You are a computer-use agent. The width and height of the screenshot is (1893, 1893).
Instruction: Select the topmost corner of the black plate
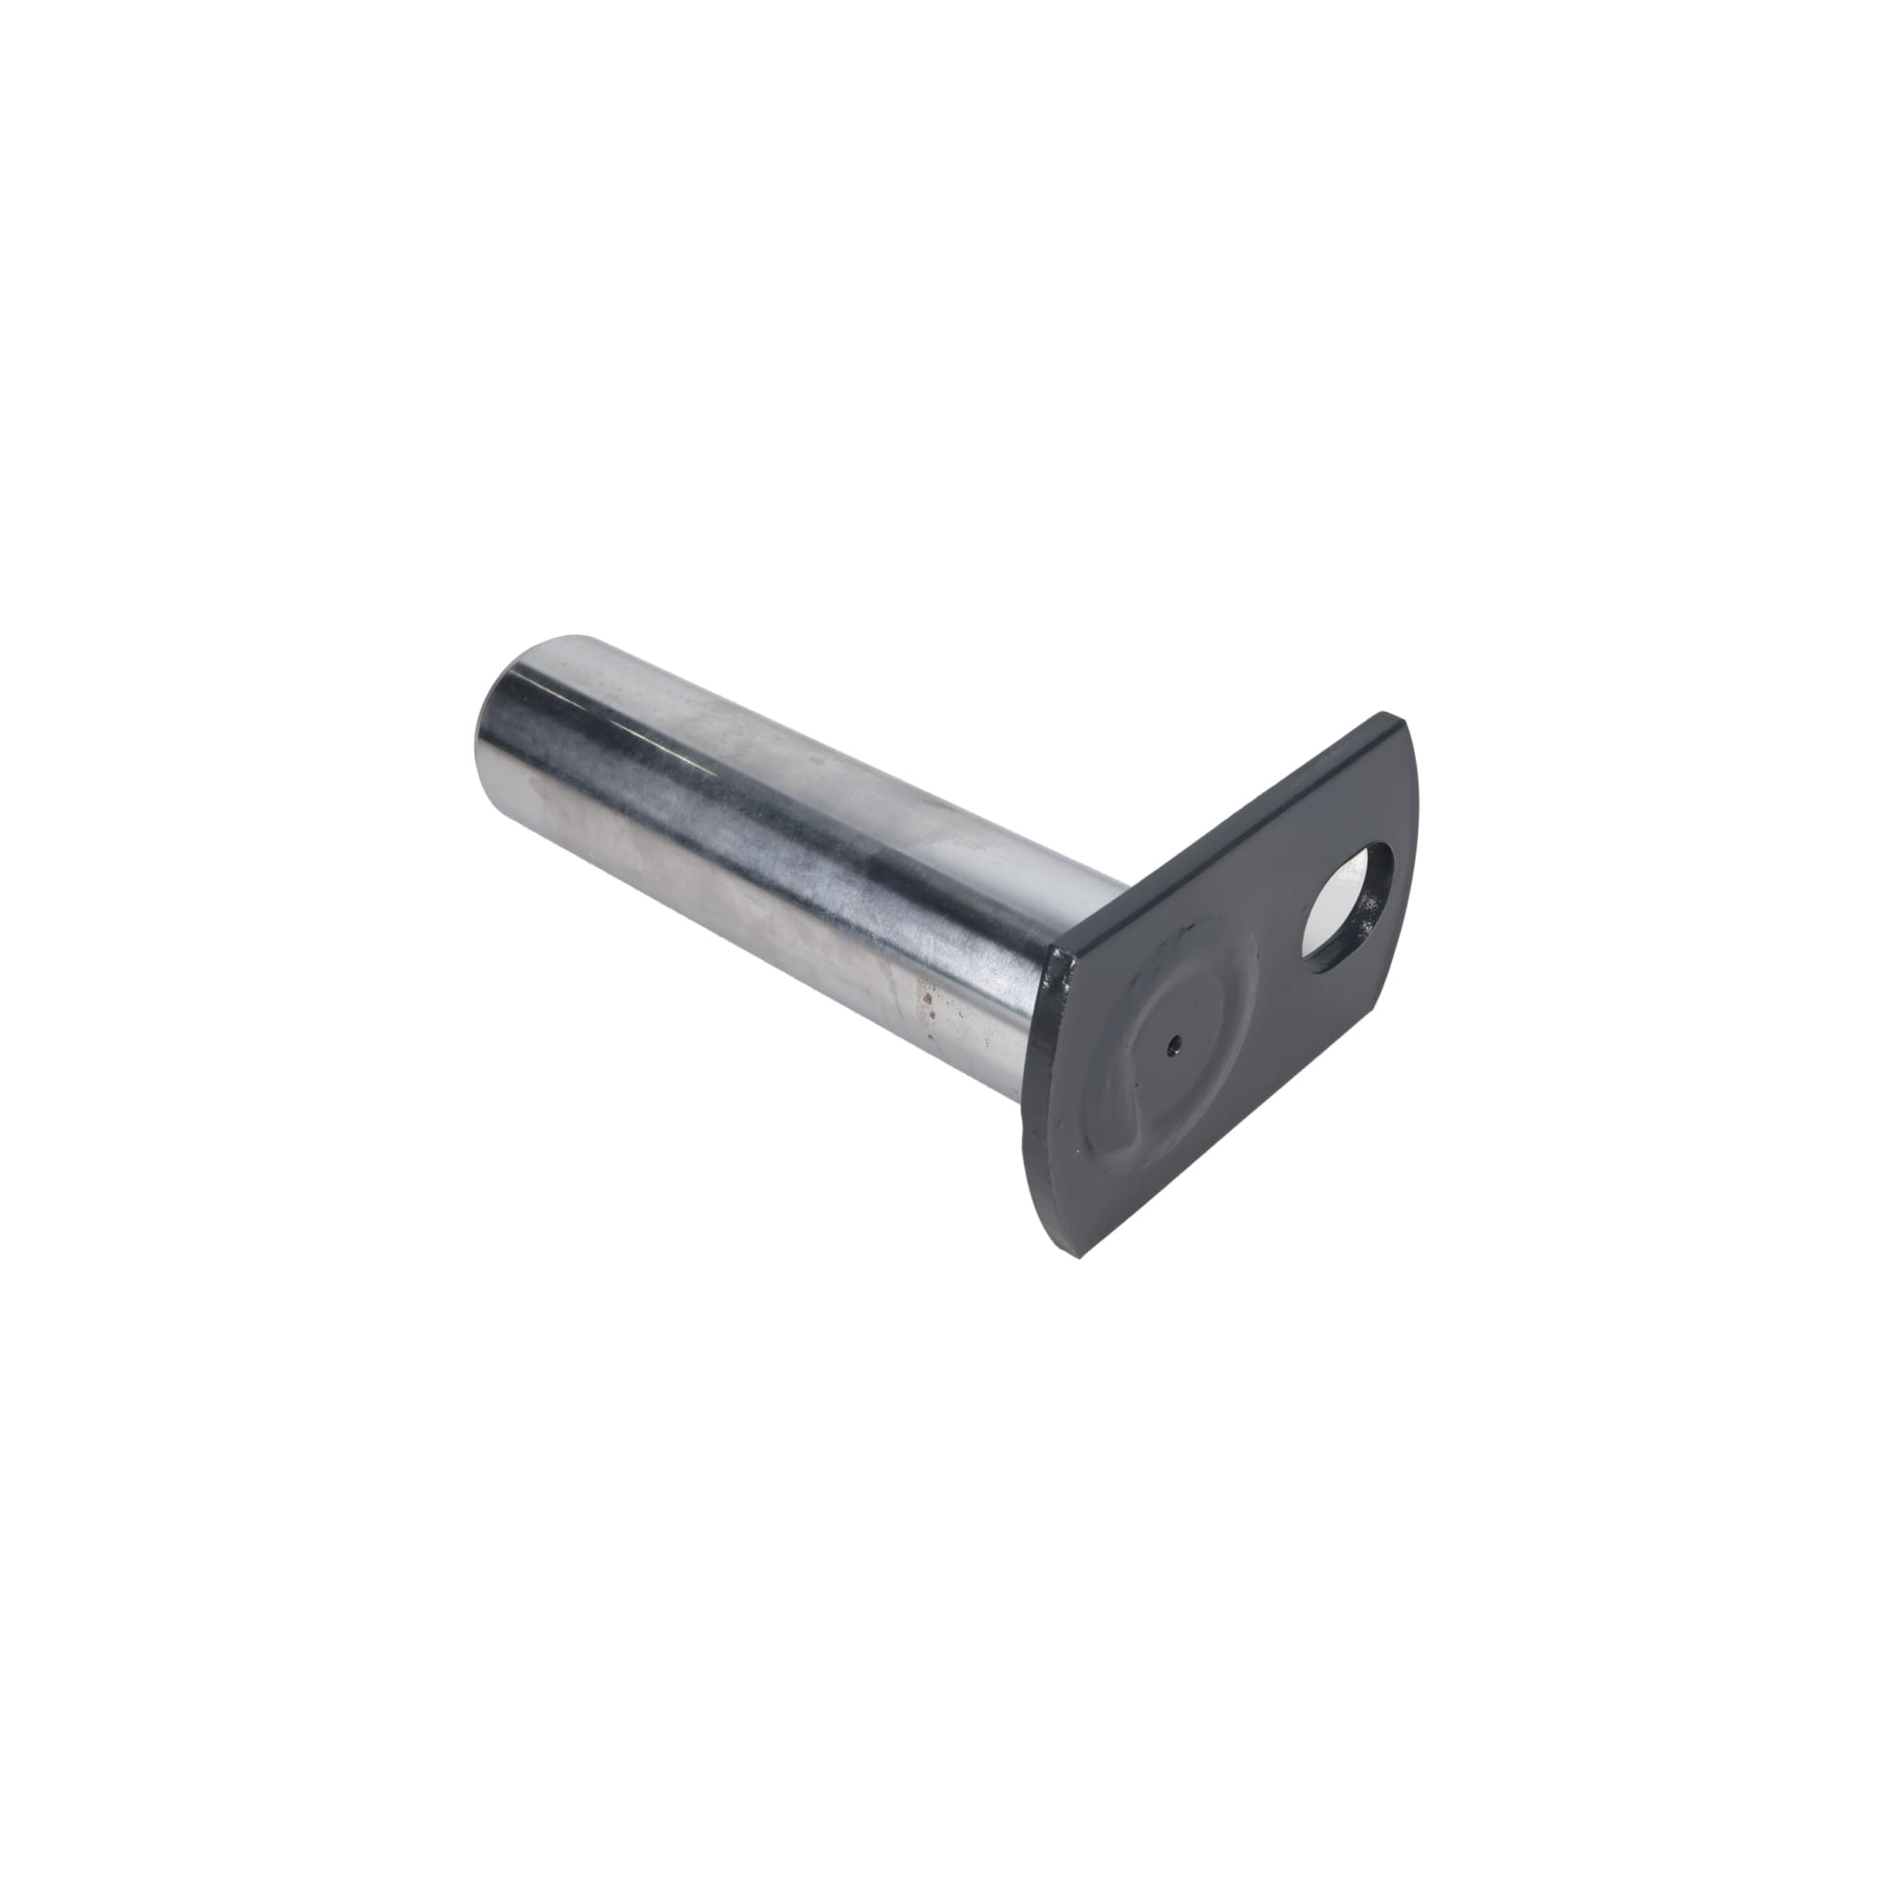[x=1385, y=715]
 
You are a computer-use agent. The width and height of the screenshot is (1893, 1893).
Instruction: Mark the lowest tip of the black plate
[x=1079, y=1256]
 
